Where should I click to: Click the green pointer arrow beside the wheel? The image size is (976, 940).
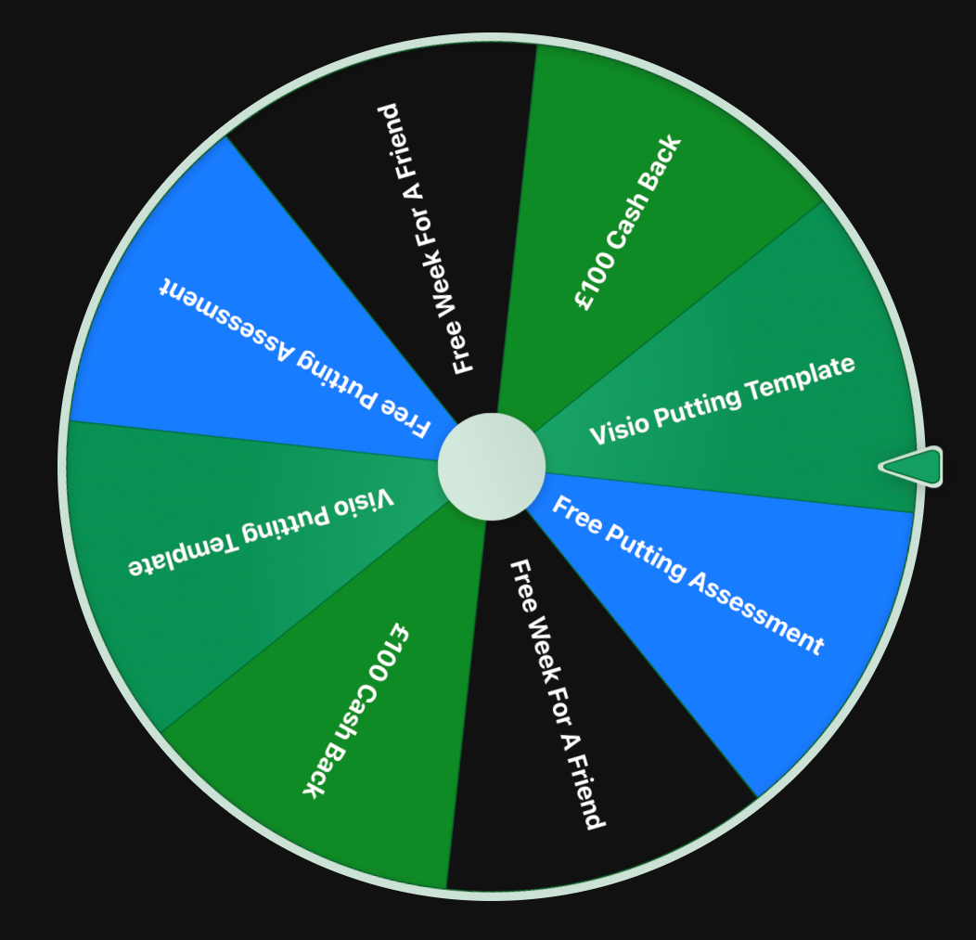[913, 466]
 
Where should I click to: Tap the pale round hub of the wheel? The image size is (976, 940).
[491, 467]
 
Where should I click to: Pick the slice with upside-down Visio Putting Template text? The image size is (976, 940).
[186, 557]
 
